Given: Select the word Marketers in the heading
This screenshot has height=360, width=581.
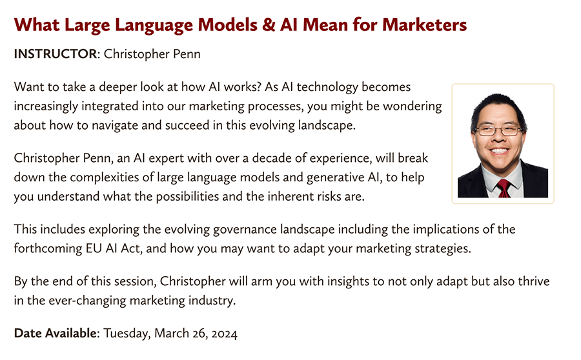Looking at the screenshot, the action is [x=425, y=25].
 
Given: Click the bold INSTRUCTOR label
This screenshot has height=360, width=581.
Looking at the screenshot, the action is [x=56, y=54].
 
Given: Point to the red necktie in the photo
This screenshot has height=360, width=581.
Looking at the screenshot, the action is [x=503, y=188].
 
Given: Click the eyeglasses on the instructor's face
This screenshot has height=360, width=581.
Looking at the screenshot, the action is [x=499, y=130].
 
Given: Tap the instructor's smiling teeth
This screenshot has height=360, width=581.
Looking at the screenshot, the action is [x=499, y=151].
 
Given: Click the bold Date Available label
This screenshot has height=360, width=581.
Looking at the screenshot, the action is [x=56, y=334].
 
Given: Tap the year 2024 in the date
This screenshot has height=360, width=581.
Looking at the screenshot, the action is [x=224, y=334].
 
